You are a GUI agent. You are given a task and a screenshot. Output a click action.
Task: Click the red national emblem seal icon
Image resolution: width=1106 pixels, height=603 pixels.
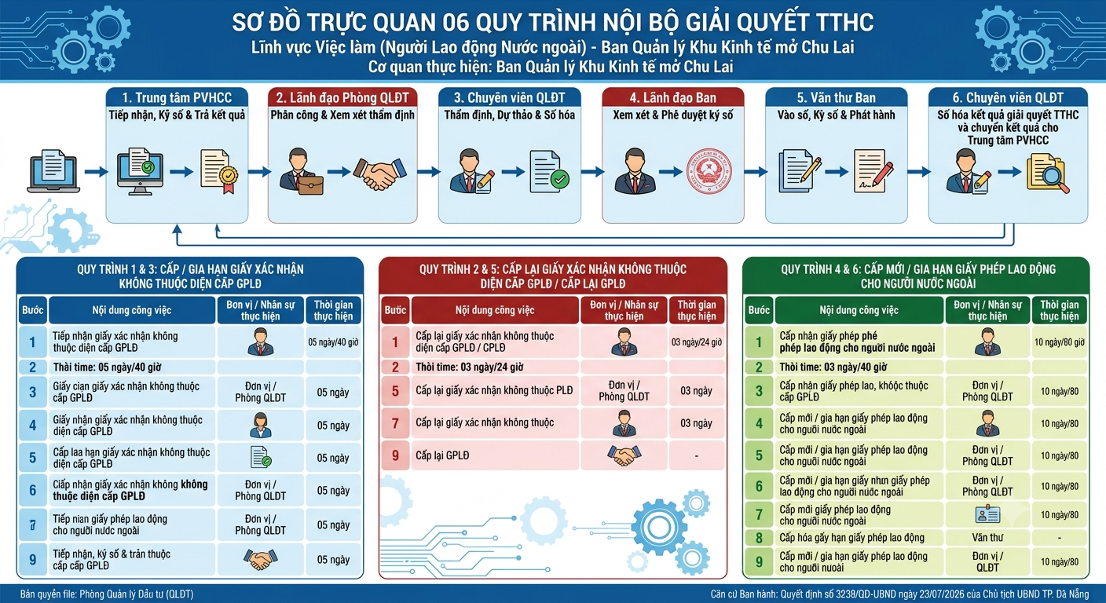tap(709, 172)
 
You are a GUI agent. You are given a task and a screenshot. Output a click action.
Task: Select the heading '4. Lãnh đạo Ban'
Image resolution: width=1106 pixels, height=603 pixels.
tap(673, 97)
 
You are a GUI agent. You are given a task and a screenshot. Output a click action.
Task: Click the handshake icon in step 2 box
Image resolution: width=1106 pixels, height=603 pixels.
tap(380, 174)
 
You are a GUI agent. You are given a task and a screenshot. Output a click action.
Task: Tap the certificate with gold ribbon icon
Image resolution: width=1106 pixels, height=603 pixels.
tap(218, 172)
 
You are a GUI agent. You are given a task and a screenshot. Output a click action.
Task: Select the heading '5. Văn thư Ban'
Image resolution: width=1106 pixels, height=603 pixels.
tap(837, 97)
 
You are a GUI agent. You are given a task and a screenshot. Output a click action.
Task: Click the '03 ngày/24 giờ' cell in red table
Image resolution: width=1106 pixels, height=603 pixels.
tap(697, 342)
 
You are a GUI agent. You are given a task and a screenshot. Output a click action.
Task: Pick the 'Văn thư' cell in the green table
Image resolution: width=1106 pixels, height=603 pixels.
tap(987, 537)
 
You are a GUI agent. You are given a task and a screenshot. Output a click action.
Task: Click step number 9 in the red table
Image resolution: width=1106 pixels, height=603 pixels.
tap(395, 455)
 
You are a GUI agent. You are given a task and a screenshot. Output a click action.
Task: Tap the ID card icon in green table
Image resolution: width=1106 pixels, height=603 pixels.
tap(987, 515)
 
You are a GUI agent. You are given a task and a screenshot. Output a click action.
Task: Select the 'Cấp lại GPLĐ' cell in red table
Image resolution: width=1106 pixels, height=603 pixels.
tap(495, 455)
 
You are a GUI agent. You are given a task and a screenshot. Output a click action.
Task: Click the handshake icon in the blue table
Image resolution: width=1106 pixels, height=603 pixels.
tap(261, 559)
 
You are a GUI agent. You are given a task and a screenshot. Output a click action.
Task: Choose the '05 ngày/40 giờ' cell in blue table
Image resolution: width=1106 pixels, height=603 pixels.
tap(333, 342)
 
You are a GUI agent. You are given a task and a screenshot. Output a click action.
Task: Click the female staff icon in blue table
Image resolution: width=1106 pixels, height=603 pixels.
tap(261, 426)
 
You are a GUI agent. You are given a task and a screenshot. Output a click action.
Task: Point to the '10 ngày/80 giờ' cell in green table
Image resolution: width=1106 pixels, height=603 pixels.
tap(1060, 342)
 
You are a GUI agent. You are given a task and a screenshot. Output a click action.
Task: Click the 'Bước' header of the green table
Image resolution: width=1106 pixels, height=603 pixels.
tap(759, 310)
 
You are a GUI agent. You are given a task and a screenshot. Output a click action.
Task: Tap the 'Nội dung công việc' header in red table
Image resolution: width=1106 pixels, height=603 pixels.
tap(495, 310)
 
